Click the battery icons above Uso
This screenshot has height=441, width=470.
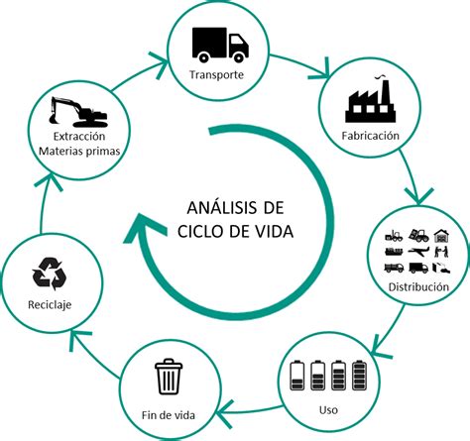click(320, 377)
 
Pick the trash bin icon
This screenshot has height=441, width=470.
click(167, 378)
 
